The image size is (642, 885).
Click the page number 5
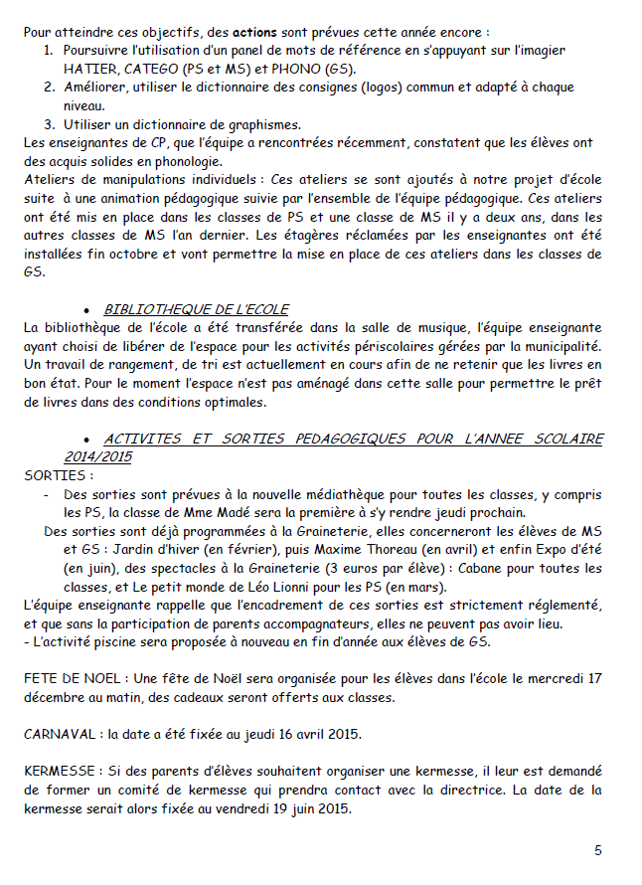pyautogui.click(x=598, y=850)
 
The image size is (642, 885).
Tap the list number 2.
pyautogui.click(x=49, y=88)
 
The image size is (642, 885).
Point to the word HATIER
pyautogui.click(x=90, y=68)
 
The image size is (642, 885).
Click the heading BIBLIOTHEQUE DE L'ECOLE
pyautogui.click(x=197, y=309)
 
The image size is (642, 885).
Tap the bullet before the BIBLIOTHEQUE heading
pyautogui.click(x=88, y=310)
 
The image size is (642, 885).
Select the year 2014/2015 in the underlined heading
pyautogui.click(x=98, y=456)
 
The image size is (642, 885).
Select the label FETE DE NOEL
pyautogui.click(x=70, y=678)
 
